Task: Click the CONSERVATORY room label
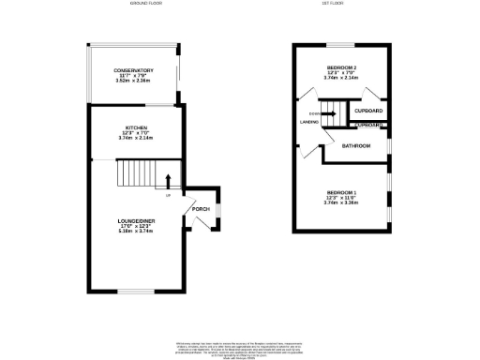pos(134,71)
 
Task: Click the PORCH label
pos(200,208)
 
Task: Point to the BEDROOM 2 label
pos(341,68)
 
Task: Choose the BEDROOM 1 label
pos(341,193)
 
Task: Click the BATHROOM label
pos(355,146)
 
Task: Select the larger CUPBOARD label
pos(369,112)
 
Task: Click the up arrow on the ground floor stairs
pos(169,180)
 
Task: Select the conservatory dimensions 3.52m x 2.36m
pos(134,82)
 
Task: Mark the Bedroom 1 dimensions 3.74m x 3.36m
pos(341,203)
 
